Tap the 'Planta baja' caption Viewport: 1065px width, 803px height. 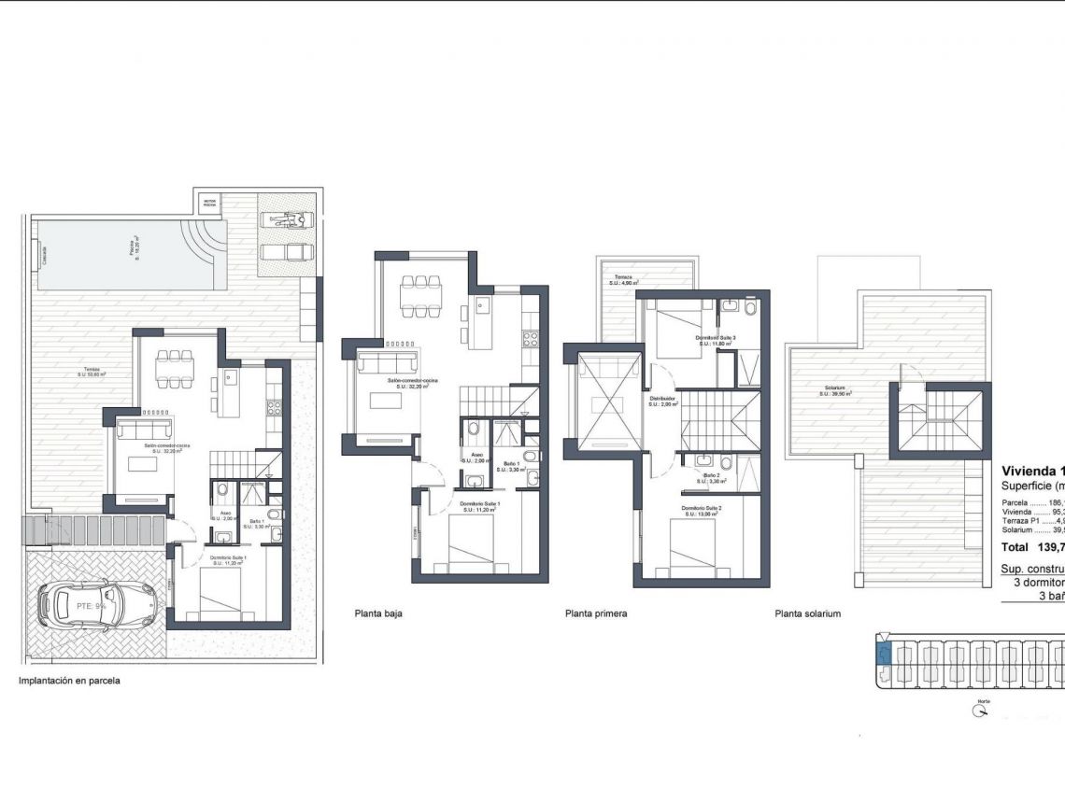point(378,614)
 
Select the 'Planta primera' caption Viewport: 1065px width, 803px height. point(596,614)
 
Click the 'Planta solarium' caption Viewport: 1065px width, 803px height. point(808,614)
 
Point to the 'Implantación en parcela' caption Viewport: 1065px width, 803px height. point(69,681)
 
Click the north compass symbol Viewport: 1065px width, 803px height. point(980,711)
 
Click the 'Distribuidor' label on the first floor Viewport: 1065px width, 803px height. point(663,399)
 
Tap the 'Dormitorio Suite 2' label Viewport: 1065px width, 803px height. point(700,509)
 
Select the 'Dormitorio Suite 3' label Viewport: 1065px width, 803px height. point(717,338)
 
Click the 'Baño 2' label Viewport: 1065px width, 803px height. point(712,476)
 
